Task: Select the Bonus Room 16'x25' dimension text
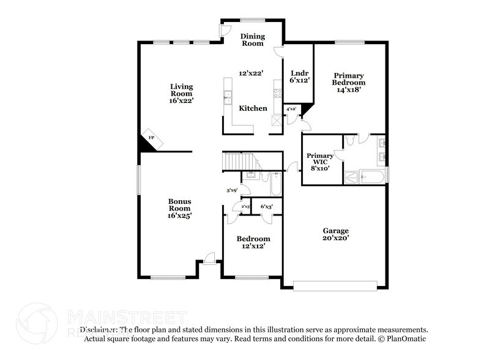[181, 216]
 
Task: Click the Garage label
[335, 230]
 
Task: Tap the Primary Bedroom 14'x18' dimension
[349, 89]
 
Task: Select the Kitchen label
[253, 108]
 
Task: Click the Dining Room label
[251, 40]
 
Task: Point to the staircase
[236, 162]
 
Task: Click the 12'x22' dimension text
[251, 73]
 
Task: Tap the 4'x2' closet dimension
[292, 109]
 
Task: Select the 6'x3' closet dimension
[266, 206]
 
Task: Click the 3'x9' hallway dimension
[232, 190]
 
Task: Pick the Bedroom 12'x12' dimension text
[253, 246]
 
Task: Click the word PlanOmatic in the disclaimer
[406, 339]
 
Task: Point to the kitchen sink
[227, 96]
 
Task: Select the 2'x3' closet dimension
[245, 206]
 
